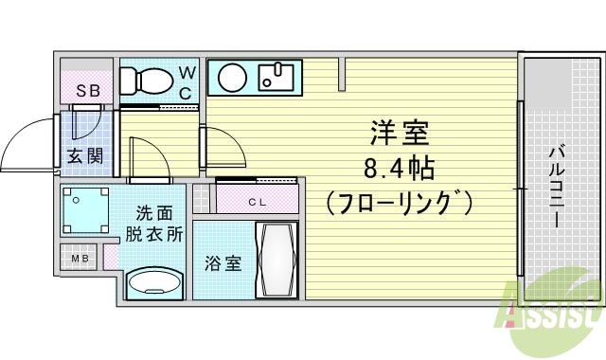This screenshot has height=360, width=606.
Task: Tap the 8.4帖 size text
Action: pos(399,170)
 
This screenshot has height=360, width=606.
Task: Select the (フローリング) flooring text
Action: pos(399,203)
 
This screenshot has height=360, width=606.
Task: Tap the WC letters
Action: pos(187,82)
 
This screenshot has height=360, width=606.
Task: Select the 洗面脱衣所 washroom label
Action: pos(153,225)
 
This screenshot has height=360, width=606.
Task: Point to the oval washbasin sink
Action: pos(154,282)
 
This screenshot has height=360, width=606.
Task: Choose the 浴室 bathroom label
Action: pos(223,262)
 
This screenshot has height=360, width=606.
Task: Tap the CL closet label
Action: pos(258,201)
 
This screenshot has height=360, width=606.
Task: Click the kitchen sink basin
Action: pos(277,77)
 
